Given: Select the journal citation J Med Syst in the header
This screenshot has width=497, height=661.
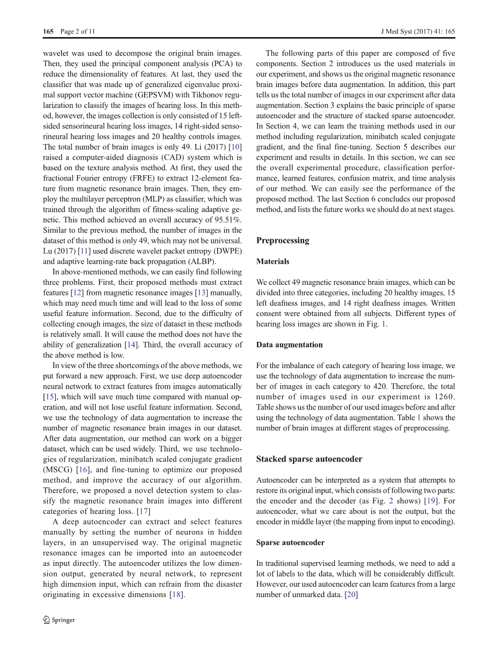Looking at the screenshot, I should [397, 32].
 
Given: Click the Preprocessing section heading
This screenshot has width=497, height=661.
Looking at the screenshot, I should [283, 240].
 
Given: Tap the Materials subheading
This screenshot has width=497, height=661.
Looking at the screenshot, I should [272, 261].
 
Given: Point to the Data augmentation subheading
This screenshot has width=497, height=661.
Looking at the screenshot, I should [290, 344].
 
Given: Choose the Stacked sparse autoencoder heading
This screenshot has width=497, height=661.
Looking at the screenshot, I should [309, 459].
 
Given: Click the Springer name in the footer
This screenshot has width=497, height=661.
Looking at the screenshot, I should [63, 620].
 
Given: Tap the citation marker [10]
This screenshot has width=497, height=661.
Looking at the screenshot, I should [236, 147].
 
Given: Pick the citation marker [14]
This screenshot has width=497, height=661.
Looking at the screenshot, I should [131, 344].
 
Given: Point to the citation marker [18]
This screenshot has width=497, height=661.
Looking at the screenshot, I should [176, 594].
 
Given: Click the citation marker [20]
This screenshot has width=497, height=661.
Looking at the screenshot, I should [350, 594].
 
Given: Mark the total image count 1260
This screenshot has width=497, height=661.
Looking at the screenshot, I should [443, 397].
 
